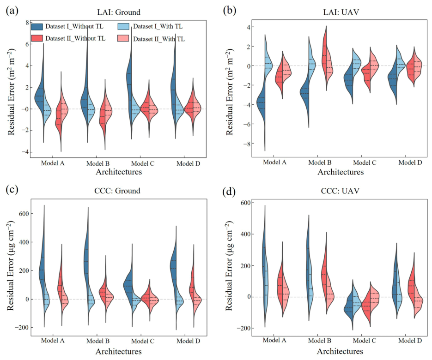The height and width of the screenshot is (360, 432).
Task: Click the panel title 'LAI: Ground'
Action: tap(119, 12)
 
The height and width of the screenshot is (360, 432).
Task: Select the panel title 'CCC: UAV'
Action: tap(340, 191)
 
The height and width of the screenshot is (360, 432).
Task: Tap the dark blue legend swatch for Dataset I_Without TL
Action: tap(37, 26)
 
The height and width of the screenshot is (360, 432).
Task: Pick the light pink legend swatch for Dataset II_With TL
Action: tap(123, 38)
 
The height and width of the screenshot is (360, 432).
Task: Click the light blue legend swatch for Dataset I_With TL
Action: tap(123, 26)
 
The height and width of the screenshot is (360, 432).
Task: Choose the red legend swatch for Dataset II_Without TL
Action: tap(37, 38)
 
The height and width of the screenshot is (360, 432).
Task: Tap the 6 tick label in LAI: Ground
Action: tap(27, 44)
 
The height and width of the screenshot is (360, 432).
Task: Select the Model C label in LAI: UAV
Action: tap(365, 162)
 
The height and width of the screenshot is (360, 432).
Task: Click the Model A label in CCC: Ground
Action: tap(53, 341)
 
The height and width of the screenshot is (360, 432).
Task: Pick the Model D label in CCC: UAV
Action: tap(410, 341)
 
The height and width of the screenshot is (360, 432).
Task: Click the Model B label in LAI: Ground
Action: tap(98, 163)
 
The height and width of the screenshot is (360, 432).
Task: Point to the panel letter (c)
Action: tap(12, 190)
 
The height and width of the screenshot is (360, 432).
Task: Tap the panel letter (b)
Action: tap(229, 11)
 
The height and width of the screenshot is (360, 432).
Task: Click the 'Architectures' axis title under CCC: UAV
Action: tap(340, 351)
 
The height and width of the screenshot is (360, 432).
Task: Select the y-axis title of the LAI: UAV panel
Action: tap(229, 92)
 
